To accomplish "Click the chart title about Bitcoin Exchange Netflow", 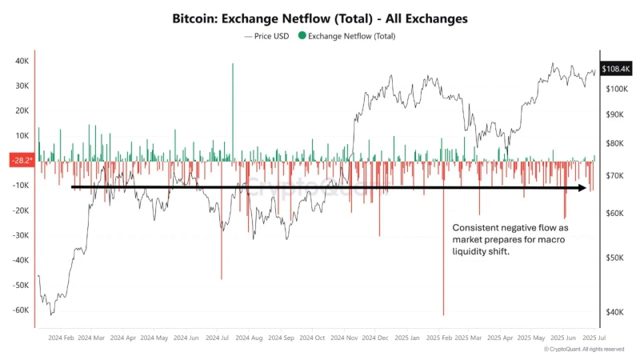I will pos(320,17).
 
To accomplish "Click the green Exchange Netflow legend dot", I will pos(301,36).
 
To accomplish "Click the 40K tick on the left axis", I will pos(22,61).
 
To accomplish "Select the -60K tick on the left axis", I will pos(21,310).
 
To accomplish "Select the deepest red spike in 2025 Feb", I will pos(442,312).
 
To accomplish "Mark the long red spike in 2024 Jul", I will pos(222,276).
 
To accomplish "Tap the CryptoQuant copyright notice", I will pos(584,350).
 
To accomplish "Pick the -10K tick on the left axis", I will pos(21,186).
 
